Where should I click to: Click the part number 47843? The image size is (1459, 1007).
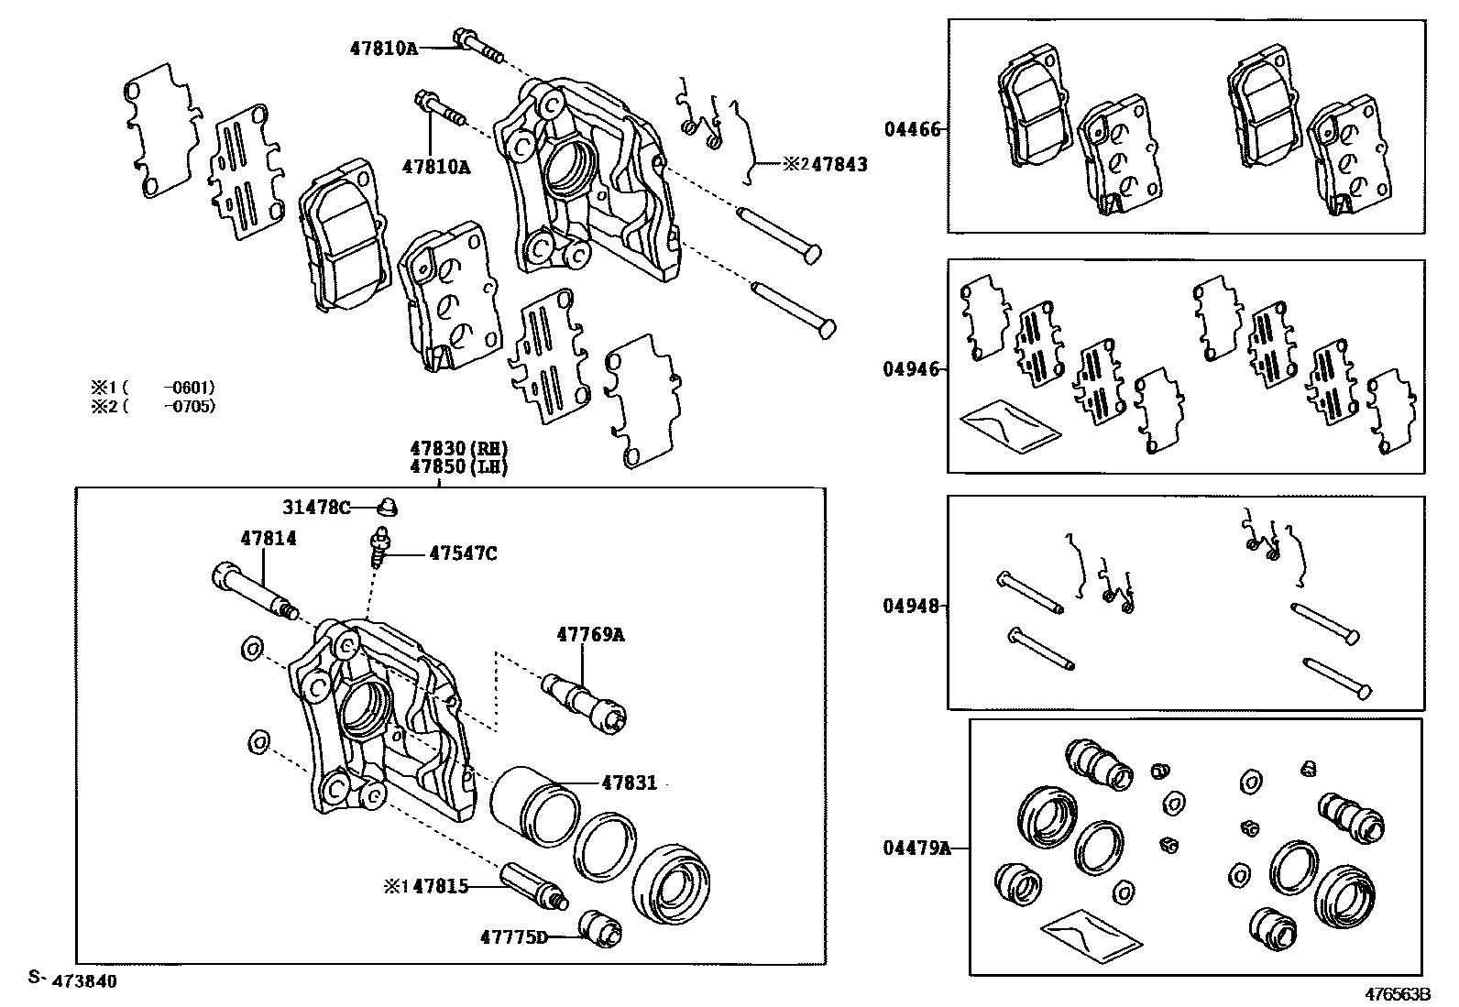[839, 165]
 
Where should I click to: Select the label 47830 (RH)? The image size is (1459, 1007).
[458, 449]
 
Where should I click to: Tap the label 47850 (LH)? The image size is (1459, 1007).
[458, 466]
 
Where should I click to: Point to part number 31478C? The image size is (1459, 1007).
[316, 507]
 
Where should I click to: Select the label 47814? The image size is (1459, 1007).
[269, 539]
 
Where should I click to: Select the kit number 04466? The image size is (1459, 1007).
[912, 129]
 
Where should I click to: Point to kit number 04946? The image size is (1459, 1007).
[912, 369]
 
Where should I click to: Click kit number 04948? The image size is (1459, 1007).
[912, 606]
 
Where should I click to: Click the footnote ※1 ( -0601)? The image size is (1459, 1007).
[153, 388]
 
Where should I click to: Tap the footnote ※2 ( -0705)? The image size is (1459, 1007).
[153, 406]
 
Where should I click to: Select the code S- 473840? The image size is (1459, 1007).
[72, 980]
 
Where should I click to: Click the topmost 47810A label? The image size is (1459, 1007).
[383, 48]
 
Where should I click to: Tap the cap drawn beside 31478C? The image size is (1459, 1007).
[389, 505]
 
